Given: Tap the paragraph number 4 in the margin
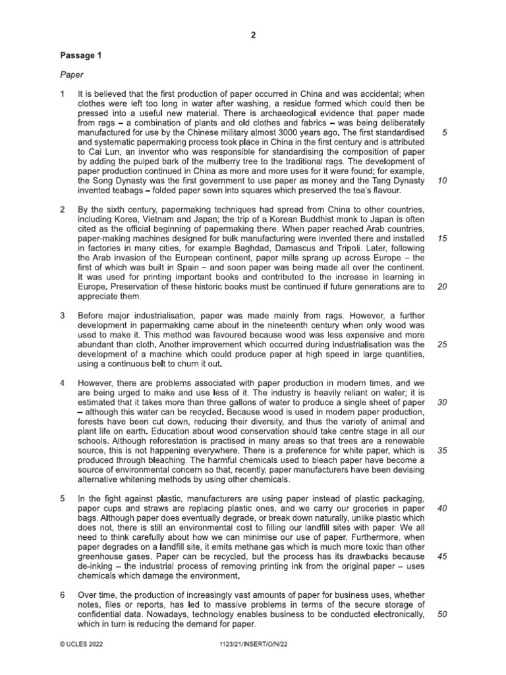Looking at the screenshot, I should [63, 383].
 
